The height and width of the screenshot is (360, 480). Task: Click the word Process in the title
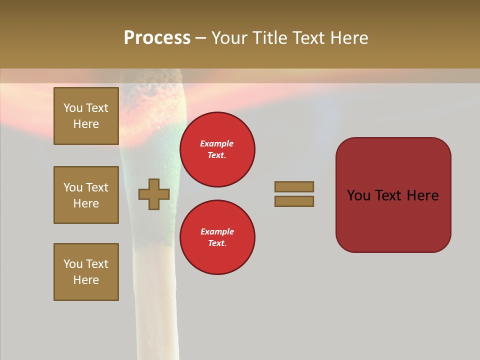157,38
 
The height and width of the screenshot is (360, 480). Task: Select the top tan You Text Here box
86,116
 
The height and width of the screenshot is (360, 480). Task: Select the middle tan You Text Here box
86,195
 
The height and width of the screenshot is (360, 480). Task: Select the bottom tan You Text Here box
86,272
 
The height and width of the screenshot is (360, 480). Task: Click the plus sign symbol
154,194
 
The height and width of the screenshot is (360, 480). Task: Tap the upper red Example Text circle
217,149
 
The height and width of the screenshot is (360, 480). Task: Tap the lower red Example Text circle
217,237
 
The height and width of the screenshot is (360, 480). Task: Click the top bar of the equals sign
294,186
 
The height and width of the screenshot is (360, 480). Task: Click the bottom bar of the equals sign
294,201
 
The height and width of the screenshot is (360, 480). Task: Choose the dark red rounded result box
393,195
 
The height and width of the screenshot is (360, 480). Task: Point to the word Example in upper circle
217,143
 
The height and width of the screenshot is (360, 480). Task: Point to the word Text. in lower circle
217,243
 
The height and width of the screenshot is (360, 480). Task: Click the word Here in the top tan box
86,124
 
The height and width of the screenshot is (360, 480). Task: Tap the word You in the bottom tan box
73,264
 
